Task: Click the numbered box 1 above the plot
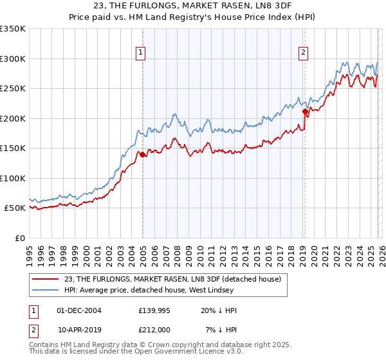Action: (x=140, y=53)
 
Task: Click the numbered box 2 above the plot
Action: (x=303, y=53)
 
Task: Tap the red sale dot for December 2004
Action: (x=142, y=154)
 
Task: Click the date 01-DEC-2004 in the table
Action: (x=79, y=310)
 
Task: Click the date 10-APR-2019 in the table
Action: (x=79, y=330)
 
